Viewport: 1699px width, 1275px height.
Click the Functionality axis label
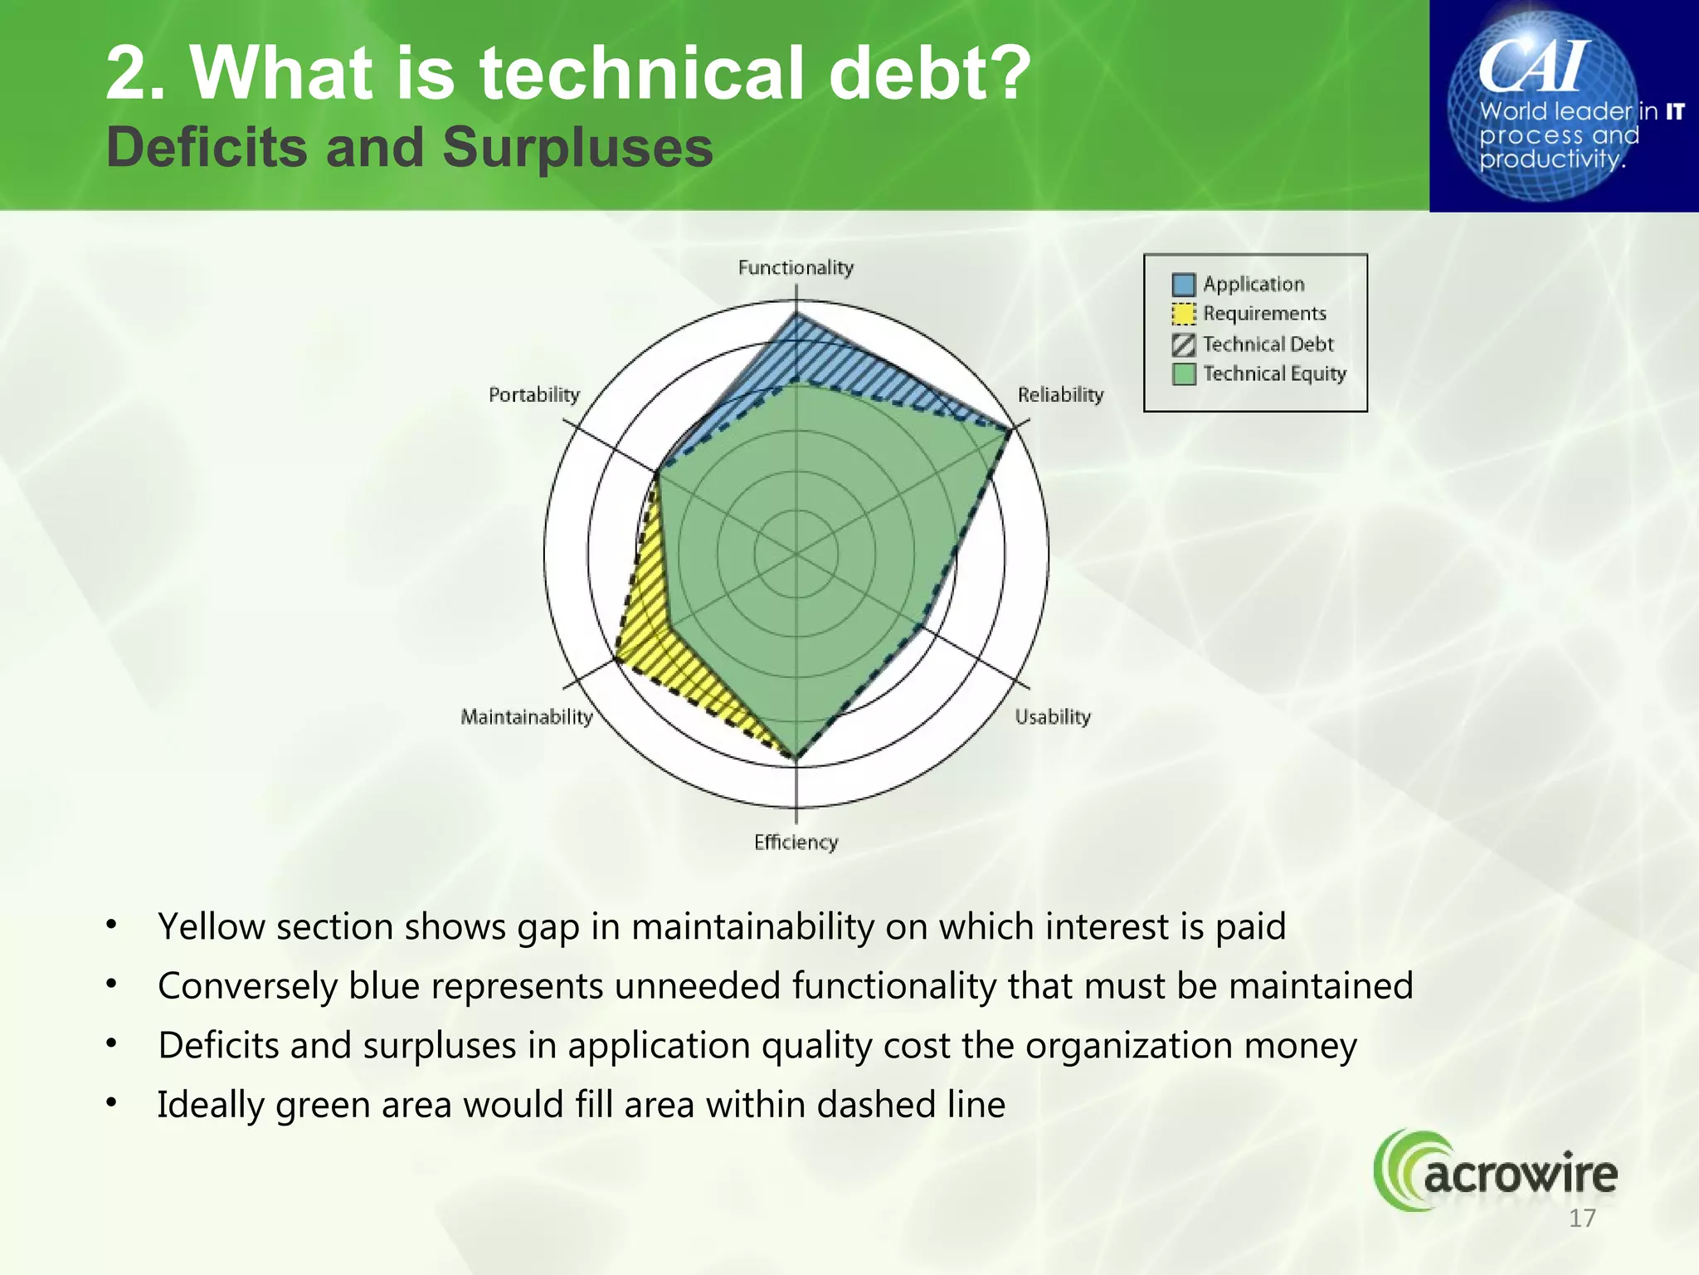[796, 267]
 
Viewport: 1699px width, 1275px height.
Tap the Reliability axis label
[1060, 394]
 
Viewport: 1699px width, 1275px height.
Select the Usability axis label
[1052, 716]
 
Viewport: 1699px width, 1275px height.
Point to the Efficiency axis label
[796, 842]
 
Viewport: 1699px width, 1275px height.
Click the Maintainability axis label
[527, 716]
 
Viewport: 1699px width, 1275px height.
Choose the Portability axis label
[533, 394]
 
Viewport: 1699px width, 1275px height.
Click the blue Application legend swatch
[1183, 285]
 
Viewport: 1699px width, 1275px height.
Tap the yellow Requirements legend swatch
[1183, 314]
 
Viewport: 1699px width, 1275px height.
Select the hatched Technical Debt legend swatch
[1183, 344]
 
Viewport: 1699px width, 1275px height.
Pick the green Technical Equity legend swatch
[1183, 374]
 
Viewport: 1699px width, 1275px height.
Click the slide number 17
[1582, 1219]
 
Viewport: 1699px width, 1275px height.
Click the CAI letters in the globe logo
[1535, 66]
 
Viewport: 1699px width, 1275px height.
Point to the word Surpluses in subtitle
[577, 148]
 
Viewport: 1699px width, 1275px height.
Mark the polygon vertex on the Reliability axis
[1010, 431]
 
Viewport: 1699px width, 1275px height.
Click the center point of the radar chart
[796, 554]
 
